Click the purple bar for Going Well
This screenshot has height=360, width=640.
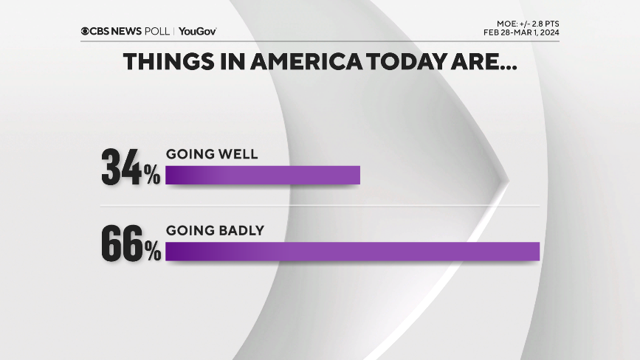(x=263, y=175)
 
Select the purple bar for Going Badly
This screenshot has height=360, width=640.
(x=353, y=252)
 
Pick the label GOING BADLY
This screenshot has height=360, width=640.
(x=214, y=231)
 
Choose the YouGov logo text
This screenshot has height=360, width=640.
(x=198, y=31)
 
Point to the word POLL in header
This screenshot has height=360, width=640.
(x=157, y=31)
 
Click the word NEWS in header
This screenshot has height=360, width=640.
(x=129, y=31)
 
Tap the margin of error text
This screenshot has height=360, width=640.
(x=527, y=24)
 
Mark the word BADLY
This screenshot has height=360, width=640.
(x=239, y=231)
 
